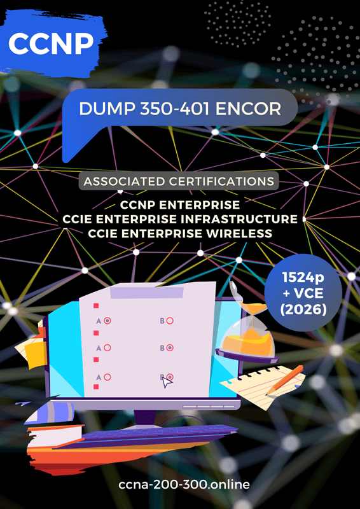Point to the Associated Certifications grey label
click(x=179, y=181)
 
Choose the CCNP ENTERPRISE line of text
click(x=180, y=205)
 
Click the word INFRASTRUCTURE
click(x=243, y=219)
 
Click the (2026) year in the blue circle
click(x=303, y=310)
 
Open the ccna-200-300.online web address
click(x=184, y=485)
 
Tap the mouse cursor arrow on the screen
click(x=167, y=383)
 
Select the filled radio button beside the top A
click(x=107, y=321)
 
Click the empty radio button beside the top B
click(x=169, y=321)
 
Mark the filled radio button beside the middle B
click(x=169, y=347)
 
